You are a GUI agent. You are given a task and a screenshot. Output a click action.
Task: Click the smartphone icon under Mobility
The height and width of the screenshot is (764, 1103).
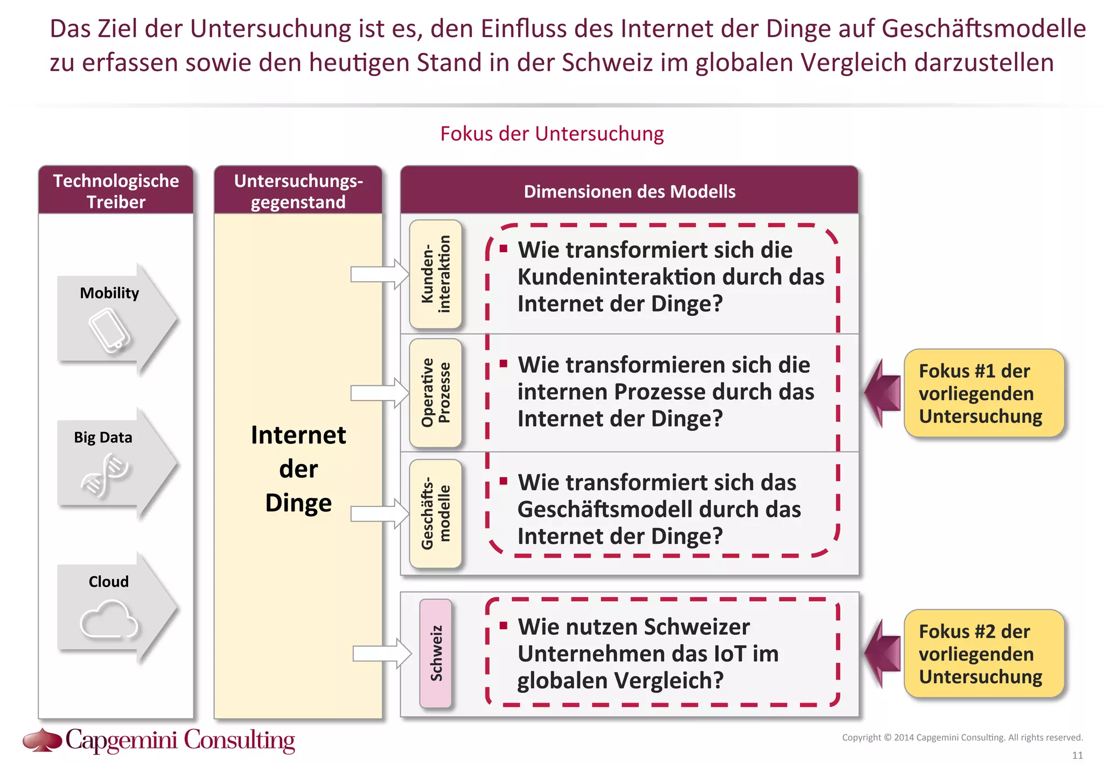click(x=109, y=330)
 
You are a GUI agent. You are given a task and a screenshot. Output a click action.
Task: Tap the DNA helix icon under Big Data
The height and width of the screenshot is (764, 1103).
click(x=104, y=474)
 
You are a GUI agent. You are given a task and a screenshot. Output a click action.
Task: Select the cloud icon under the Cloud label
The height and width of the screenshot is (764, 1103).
click(x=109, y=620)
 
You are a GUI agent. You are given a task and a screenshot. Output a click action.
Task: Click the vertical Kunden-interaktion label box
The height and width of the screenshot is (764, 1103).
click(x=435, y=274)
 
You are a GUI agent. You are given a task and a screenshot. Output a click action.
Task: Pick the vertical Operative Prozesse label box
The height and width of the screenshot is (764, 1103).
click(x=435, y=393)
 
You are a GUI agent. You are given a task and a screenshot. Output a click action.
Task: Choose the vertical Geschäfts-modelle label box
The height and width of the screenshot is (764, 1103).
click(x=435, y=513)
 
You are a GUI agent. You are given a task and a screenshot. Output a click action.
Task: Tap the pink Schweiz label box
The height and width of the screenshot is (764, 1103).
click(x=435, y=653)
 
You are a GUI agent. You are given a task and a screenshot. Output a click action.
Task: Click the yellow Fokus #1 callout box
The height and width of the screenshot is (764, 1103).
click(x=983, y=393)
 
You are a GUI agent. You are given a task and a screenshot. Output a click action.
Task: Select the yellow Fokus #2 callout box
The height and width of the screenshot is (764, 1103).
click(x=983, y=654)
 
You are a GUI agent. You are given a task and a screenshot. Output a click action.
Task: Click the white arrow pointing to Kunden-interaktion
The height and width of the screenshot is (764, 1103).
click(x=379, y=274)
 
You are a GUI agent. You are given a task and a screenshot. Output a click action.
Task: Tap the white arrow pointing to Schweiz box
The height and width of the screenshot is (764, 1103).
click(x=381, y=653)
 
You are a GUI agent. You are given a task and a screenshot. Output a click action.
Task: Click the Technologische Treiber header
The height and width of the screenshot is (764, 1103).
click(x=116, y=191)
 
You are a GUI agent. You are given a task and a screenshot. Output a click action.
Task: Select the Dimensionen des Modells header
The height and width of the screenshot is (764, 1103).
click(x=629, y=191)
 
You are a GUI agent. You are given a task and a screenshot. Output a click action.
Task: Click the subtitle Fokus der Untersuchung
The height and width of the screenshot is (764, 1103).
click(x=551, y=134)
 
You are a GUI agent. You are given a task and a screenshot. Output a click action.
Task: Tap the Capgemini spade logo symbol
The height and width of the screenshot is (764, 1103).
click(x=42, y=739)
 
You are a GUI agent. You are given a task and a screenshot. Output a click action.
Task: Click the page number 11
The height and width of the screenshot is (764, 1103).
click(x=1077, y=755)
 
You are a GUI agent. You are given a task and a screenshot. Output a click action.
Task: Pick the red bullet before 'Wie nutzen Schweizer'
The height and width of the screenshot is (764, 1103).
click(x=504, y=626)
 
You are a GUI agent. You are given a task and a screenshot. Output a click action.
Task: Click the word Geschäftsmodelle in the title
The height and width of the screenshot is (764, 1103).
click(x=983, y=29)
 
